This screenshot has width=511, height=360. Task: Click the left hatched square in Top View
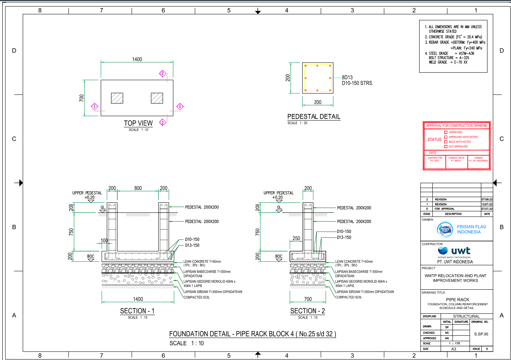click(x=117, y=98)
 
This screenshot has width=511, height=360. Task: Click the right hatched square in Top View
click(x=157, y=98)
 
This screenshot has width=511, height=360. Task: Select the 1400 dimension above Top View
click(x=137, y=59)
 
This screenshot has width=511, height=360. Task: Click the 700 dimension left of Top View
click(x=81, y=98)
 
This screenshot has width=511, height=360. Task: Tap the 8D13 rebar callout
click(x=347, y=77)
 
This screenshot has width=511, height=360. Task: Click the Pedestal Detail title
click(x=314, y=117)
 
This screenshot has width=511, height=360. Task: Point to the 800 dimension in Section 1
click(x=138, y=188)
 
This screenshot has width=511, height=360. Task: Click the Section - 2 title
click(x=308, y=311)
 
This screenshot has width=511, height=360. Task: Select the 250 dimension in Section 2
click(x=296, y=238)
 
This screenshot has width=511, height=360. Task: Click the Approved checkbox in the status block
click(x=446, y=132)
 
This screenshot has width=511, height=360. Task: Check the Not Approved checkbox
click(x=446, y=146)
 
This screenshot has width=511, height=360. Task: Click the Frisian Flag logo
click(x=445, y=229)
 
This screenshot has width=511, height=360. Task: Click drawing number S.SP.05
click(x=481, y=334)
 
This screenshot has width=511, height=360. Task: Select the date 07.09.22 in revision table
click(x=487, y=199)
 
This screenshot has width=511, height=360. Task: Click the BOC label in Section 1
click(x=91, y=256)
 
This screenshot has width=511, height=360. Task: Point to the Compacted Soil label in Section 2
click(x=349, y=297)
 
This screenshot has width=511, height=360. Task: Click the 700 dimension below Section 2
click(x=308, y=299)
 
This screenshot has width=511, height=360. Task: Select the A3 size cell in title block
click(x=454, y=349)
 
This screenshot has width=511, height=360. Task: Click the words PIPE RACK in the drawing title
click(x=457, y=299)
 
